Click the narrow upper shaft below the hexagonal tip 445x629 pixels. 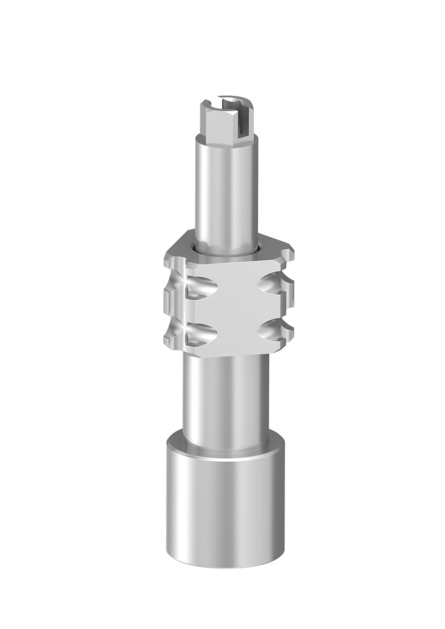pyautogui.click(x=226, y=190)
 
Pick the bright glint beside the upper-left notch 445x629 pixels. pyautogui.click(x=186, y=281)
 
